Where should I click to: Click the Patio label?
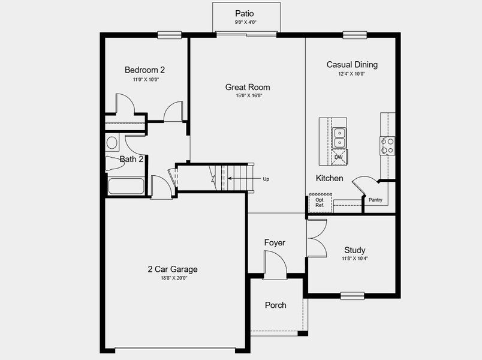pos(245,13)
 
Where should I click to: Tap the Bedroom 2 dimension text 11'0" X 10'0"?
pos(146,79)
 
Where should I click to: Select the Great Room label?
pos(248,87)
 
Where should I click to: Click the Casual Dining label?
pos(352,64)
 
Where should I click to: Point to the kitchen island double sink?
pos(339,137)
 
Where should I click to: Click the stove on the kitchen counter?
pos(387,145)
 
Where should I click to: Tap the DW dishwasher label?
pos(338,157)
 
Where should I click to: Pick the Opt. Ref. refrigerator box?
pos(320,203)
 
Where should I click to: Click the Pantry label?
pos(375,200)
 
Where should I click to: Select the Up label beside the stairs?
pos(266,179)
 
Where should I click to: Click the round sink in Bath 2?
pos(112,143)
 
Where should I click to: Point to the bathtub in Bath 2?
pos(125,186)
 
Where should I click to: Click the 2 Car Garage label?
pos(173,269)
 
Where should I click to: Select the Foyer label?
pos(275,242)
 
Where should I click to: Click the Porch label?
pos(275,305)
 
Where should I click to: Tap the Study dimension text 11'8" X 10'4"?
pos(354,259)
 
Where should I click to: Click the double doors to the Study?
pos(316,238)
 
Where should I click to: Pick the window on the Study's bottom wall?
pos(352,295)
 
